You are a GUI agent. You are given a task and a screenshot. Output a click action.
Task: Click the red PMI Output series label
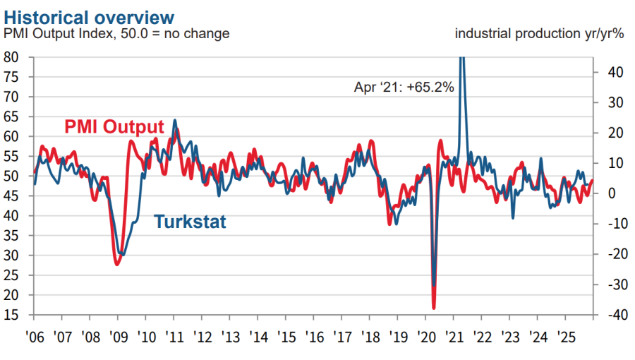[114, 127]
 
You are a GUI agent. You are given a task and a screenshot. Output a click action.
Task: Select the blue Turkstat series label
[190, 222]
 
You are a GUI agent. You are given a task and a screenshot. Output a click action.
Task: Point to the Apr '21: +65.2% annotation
[404, 88]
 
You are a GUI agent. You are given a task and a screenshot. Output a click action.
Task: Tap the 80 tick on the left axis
[11, 57]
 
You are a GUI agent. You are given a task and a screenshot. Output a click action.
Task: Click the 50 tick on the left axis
[11, 176]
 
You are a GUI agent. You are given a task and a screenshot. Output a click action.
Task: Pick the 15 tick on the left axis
[11, 315]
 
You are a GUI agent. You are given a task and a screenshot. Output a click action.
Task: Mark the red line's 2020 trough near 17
[433, 308]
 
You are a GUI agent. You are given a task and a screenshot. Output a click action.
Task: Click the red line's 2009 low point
[116, 264]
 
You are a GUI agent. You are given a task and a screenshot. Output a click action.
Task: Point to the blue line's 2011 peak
[174, 121]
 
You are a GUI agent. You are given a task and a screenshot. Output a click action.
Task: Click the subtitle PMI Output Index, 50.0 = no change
[117, 34]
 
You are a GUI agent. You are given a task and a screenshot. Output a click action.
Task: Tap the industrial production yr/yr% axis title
[540, 34]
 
